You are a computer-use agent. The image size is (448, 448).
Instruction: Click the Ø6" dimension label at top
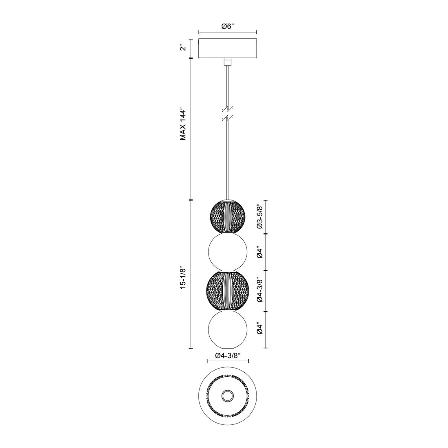[227, 26]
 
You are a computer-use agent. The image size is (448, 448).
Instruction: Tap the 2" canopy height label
[183, 48]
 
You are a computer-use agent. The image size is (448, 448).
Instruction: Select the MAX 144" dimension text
[183, 125]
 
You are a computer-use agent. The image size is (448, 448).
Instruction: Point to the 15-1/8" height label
[183, 278]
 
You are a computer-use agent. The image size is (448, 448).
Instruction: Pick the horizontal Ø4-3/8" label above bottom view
[228, 355]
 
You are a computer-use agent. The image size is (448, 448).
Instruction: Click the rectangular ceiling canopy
[227, 48]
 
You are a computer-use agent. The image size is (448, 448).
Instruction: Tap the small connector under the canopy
[227, 61]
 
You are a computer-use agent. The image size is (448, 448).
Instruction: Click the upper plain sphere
[227, 252]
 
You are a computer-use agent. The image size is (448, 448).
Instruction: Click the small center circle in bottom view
[227, 395]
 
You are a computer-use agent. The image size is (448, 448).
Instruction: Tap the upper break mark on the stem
[227, 109]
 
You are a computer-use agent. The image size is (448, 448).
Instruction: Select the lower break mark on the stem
[227, 118]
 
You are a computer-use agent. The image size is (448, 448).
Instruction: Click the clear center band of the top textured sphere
[227, 217]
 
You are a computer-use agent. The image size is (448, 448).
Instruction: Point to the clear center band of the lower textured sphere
[227, 290]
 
